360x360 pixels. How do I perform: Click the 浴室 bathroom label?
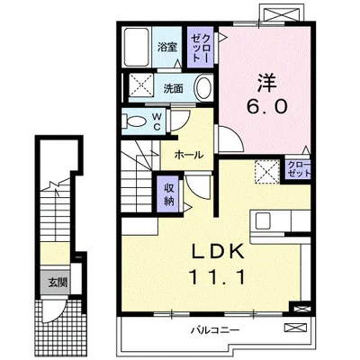[x=167, y=47]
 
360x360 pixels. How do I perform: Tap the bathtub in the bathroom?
[x=137, y=47]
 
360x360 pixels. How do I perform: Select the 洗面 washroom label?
[x=173, y=88]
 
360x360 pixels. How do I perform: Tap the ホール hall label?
[x=189, y=155]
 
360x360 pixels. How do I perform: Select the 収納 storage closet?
[x=169, y=193]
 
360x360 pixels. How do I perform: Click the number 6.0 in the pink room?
[x=267, y=106]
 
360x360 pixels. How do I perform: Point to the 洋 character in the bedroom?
[x=266, y=82]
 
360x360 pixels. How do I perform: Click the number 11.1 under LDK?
[x=217, y=277]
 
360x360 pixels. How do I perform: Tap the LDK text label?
[x=217, y=253]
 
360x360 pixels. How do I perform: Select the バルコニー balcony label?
[x=215, y=331]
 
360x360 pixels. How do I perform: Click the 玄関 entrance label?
[x=58, y=283]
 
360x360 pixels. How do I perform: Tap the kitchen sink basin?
[x=263, y=221]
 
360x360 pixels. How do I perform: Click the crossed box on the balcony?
[x=295, y=328]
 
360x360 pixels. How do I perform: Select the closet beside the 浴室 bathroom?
[x=200, y=47]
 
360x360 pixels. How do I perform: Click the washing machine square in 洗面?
[x=141, y=85]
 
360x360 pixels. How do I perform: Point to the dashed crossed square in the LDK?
[x=267, y=171]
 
